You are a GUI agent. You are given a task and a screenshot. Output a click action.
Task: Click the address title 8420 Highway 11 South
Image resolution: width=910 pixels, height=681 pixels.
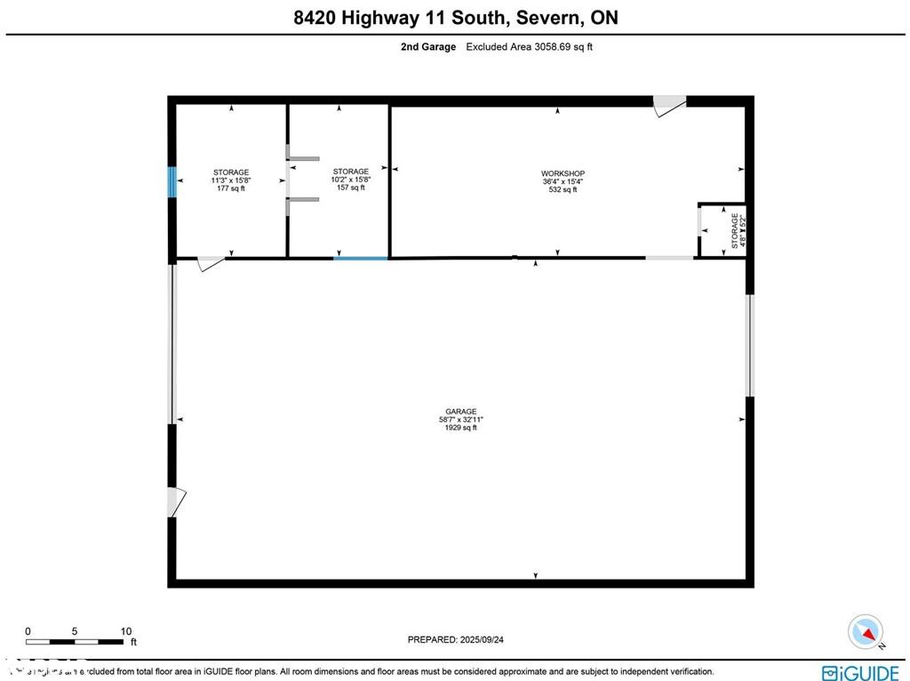coord(455,17)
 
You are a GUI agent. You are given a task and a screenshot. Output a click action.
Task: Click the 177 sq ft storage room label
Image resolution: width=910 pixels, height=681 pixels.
coord(231,180)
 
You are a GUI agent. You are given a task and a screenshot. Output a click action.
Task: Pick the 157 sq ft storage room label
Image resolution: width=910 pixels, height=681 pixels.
coord(350,179)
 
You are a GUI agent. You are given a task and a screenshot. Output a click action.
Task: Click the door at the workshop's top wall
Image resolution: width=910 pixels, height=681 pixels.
coord(669,105)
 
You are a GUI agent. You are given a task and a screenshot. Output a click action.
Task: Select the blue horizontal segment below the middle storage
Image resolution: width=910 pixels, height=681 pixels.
coord(361,258)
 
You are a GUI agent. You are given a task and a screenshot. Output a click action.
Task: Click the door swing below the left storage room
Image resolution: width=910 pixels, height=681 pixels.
coord(211,263)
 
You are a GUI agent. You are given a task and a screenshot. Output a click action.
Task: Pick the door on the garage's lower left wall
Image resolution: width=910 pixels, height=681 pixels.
coord(176,502)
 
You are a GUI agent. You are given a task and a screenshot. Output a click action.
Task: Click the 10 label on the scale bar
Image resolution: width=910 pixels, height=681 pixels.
coord(125,631)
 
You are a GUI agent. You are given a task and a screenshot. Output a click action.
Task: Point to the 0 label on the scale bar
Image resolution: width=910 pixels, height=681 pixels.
coord(28,631)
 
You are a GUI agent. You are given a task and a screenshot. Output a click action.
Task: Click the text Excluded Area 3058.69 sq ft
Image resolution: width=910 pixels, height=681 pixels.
coord(529,47)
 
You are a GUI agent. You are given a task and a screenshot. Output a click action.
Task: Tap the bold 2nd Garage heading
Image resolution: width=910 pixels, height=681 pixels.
coord(427,47)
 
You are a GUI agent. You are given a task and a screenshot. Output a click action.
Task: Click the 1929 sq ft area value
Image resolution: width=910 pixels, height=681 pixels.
coord(460,429)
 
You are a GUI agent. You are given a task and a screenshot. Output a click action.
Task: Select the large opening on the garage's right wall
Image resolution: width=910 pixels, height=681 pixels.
coord(749,345)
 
